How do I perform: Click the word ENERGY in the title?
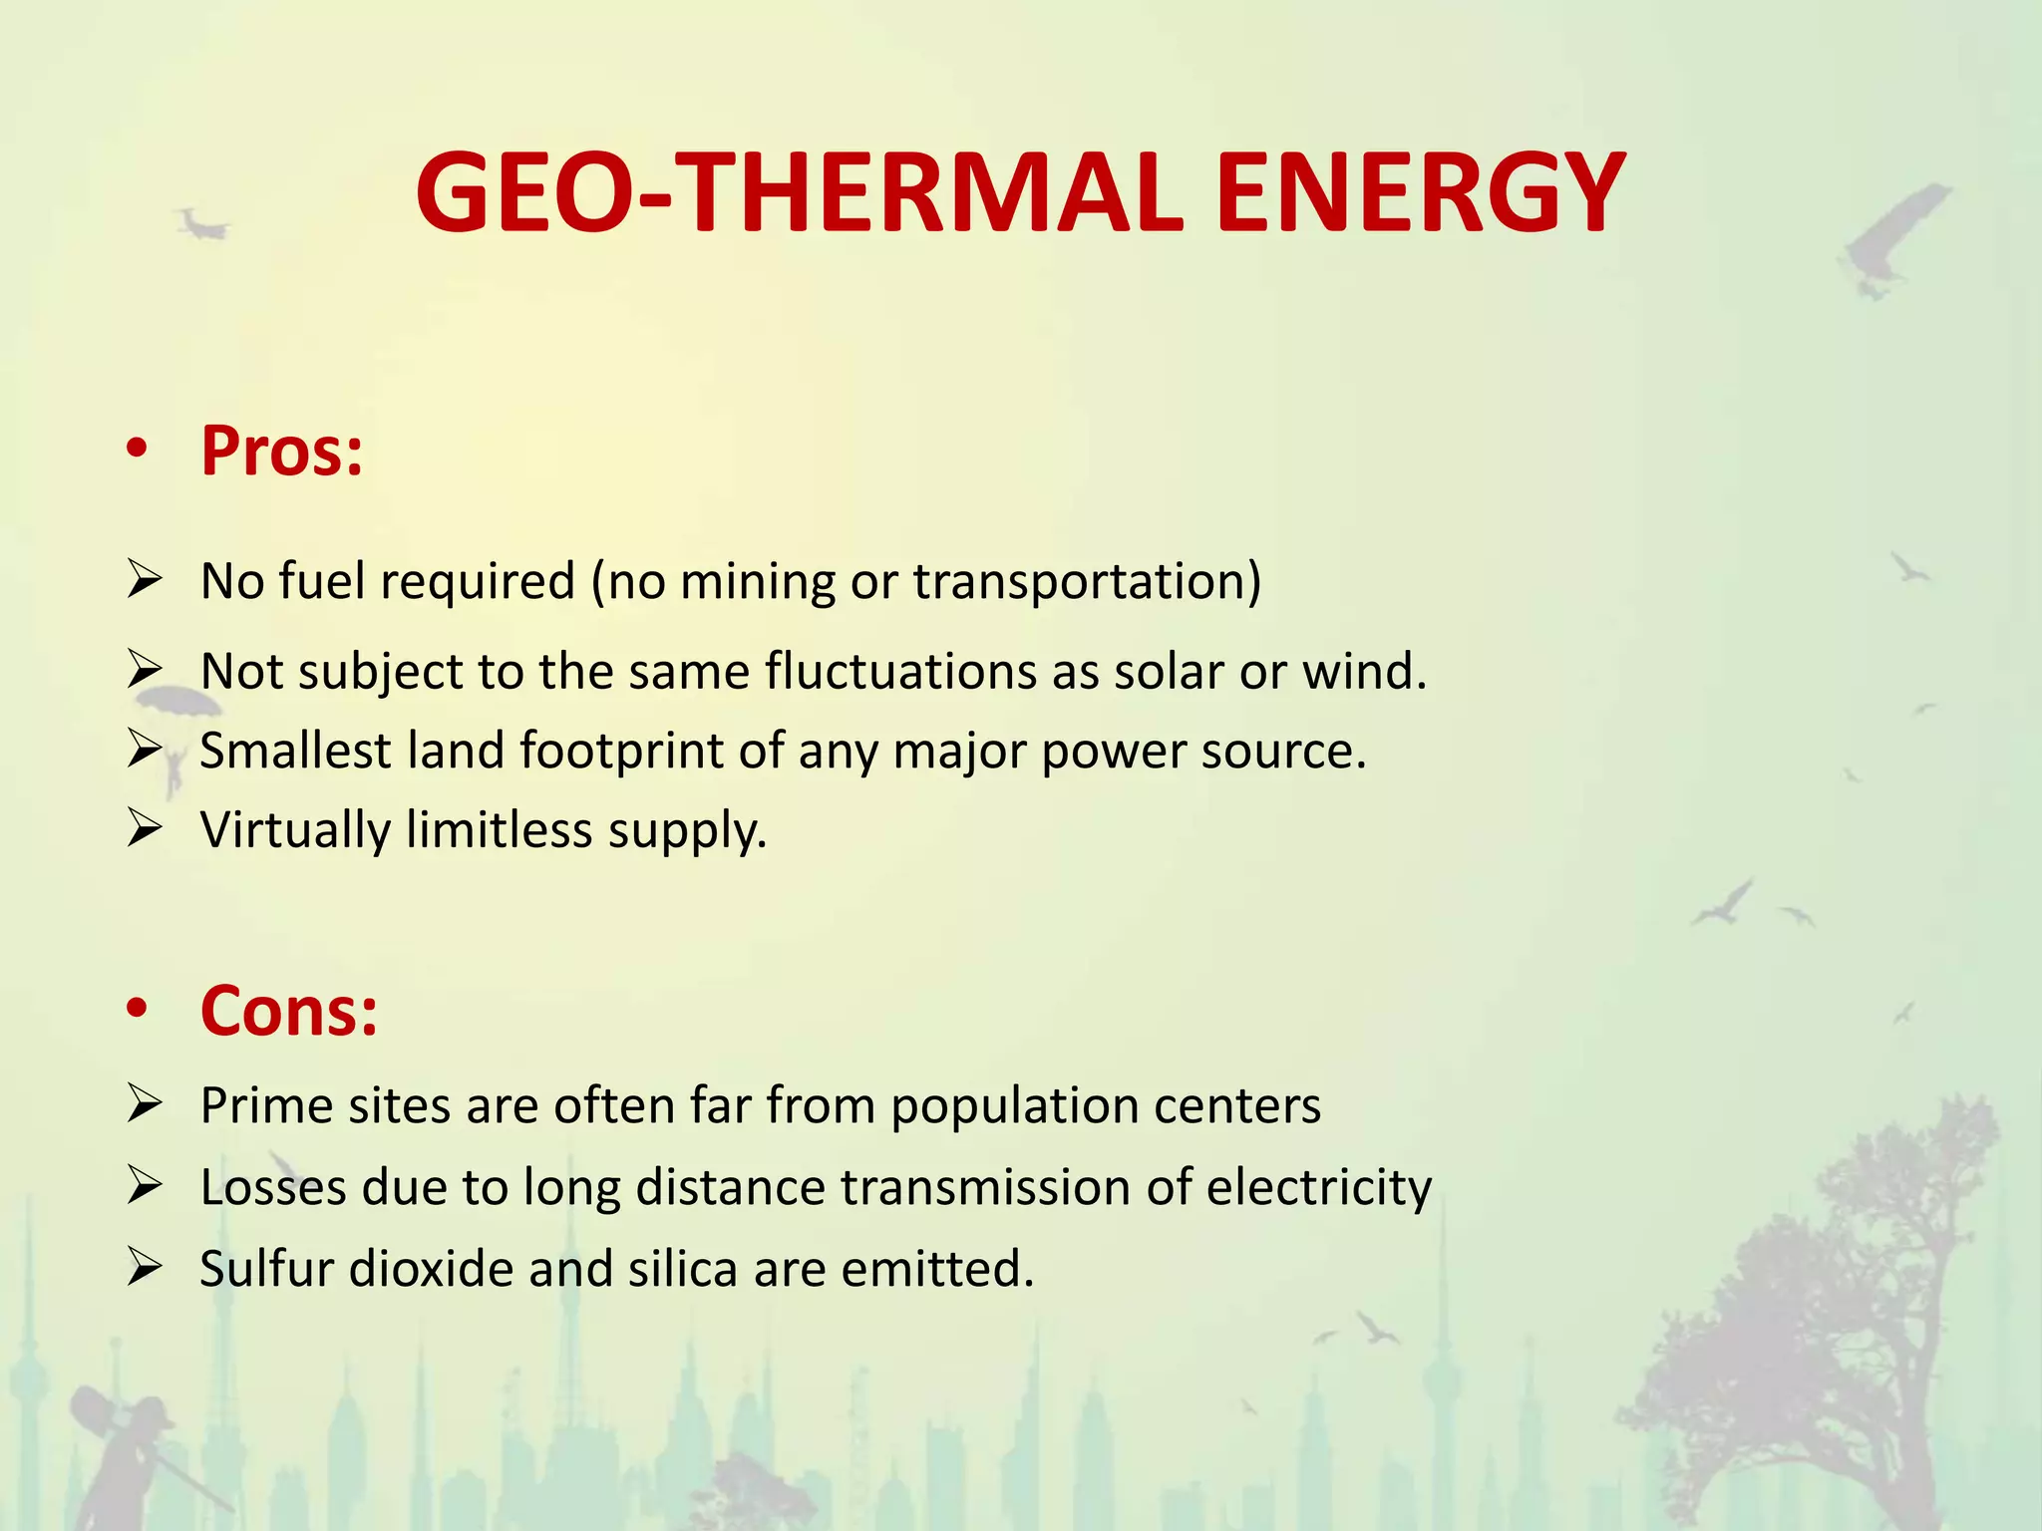1420,193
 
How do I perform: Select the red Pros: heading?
282,452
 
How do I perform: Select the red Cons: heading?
289,1011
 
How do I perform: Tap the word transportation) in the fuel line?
1087,581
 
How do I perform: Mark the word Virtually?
295,830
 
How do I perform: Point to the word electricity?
1318,1188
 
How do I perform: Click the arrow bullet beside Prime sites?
145,1103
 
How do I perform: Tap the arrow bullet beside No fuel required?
145,579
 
